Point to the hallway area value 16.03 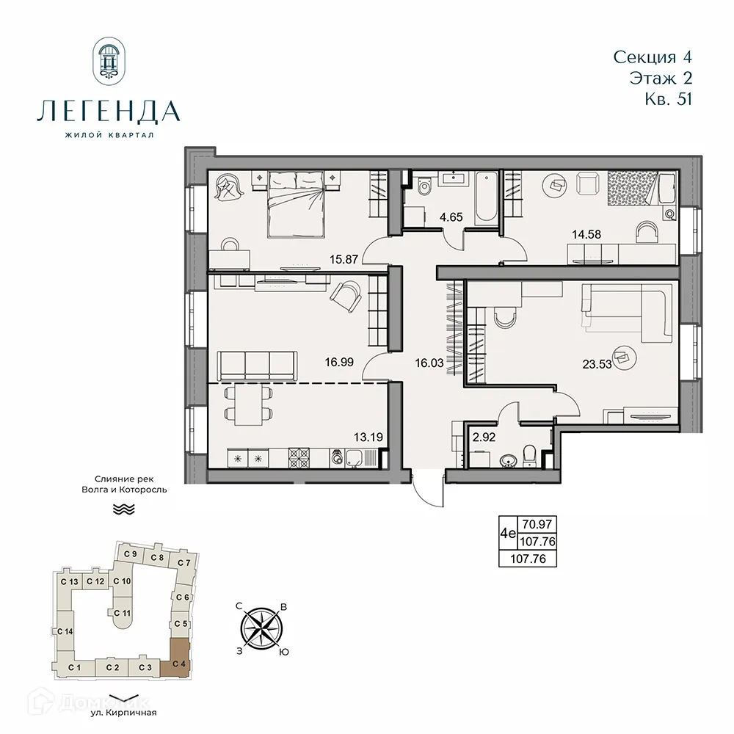pyautogui.click(x=428, y=361)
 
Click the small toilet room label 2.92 pyautogui.click(x=484, y=438)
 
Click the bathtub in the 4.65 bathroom pyautogui.click(x=486, y=199)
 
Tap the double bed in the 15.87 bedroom pyautogui.click(x=296, y=203)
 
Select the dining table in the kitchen pyautogui.click(x=248, y=405)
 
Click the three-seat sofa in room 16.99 pyautogui.click(x=257, y=363)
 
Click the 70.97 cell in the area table pyautogui.click(x=537, y=525)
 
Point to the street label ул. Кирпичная pyautogui.click(x=123, y=711)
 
